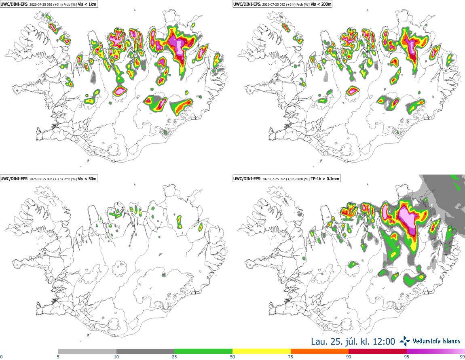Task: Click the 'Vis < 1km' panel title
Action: (x=87, y=4)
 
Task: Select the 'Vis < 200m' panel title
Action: (x=321, y=4)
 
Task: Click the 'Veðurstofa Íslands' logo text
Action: (x=437, y=341)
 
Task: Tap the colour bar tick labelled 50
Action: (x=232, y=357)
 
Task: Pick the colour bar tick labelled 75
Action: (x=291, y=357)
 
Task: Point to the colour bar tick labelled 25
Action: (x=174, y=357)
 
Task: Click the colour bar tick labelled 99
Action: (x=462, y=357)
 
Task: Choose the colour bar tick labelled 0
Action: (x=1, y=357)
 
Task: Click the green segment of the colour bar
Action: (x=203, y=352)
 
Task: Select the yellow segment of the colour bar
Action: (x=262, y=352)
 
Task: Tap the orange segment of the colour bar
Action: (x=320, y=352)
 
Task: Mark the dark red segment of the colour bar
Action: (x=378, y=352)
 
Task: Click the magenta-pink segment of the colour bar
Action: (x=436, y=352)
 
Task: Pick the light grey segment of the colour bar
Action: (x=87, y=352)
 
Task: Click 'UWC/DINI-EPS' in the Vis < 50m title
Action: (x=14, y=179)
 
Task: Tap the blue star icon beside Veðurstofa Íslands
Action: (x=405, y=341)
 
